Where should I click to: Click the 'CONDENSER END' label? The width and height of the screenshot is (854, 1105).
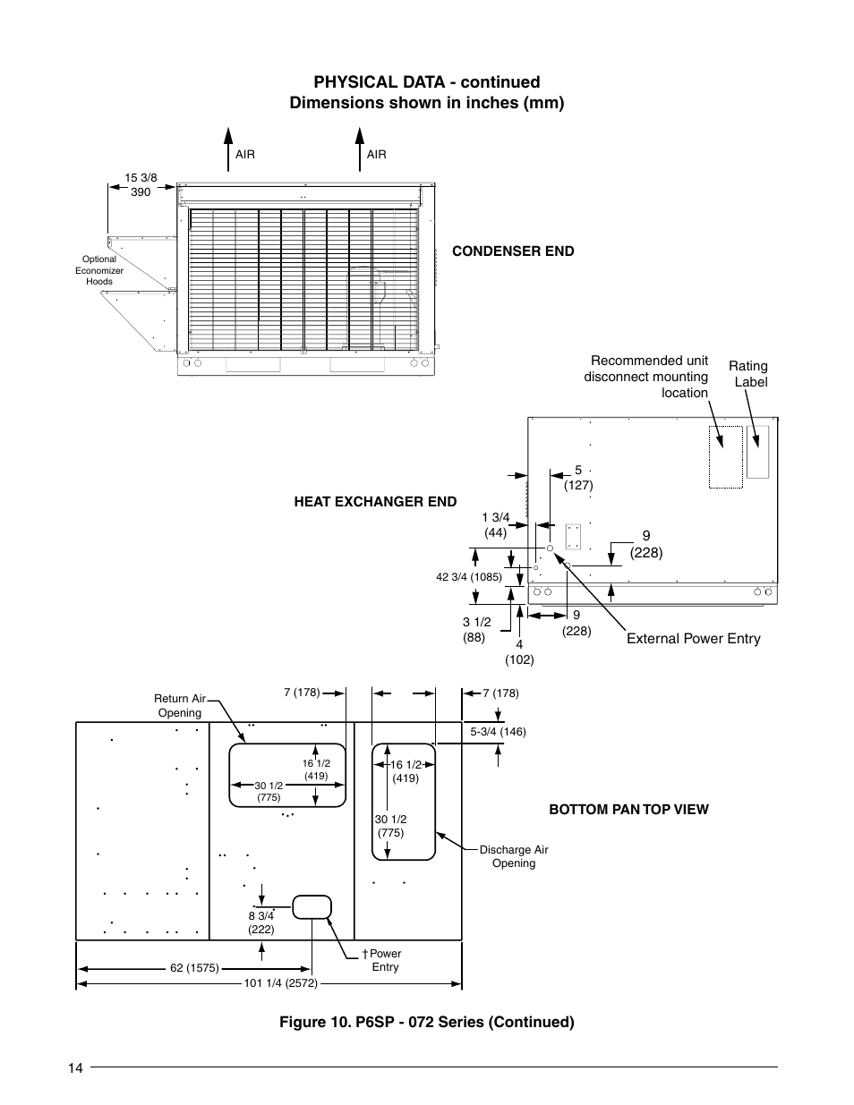tap(513, 251)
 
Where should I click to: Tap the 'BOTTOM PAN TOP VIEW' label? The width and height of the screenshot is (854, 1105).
tap(628, 810)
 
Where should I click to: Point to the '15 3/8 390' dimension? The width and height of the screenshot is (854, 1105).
tap(141, 185)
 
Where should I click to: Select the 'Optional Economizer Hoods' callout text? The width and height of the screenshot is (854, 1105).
tap(99, 270)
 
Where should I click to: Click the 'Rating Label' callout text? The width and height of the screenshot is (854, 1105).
tap(748, 374)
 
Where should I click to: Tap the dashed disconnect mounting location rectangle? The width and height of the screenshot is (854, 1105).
tap(726, 457)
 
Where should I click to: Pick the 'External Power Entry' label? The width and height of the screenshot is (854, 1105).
tap(693, 639)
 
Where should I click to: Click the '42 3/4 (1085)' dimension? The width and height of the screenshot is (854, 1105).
tap(469, 577)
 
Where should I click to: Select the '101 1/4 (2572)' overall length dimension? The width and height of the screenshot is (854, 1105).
tap(281, 983)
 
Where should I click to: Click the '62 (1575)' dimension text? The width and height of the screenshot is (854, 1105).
tap(195, 968)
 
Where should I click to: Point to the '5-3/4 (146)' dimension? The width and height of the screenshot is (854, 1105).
tap(498, 732)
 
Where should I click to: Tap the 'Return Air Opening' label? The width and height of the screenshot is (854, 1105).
tap(179, 706)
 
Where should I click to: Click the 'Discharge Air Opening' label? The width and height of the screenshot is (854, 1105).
tap(514, 856)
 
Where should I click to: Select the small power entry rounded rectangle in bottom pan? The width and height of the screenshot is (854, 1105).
tap(311, 906)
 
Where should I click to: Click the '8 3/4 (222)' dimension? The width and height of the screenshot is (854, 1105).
tap(261, 922)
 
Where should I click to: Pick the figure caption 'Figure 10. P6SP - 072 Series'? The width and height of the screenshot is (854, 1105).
tap(426, 1022)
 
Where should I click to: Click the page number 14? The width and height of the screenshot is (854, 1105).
tap(74, 1067)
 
